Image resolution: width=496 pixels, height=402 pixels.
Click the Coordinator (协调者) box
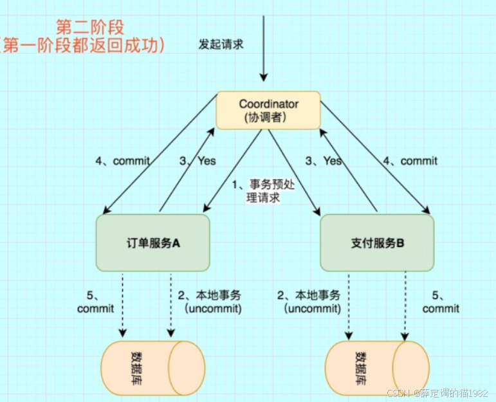[268, 110]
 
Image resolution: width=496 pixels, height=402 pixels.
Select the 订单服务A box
[152, 242]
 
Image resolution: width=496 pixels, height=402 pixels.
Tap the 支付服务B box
[377, 242]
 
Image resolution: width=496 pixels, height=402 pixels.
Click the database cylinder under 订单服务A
[152, 369]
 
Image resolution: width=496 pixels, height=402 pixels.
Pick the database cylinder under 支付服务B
[377, 369]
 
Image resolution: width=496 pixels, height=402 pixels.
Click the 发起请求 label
[221, 45]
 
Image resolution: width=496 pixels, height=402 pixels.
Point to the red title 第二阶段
[90, 27]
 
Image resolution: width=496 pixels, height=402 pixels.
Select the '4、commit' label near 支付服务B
[410, 161]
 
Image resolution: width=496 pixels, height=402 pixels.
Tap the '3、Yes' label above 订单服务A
[197, 161]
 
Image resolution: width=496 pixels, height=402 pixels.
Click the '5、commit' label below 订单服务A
[95, 302]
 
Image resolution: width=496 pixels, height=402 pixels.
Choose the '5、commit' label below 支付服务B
[441, 302]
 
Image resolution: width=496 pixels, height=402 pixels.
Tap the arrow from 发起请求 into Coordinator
[264, 51]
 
